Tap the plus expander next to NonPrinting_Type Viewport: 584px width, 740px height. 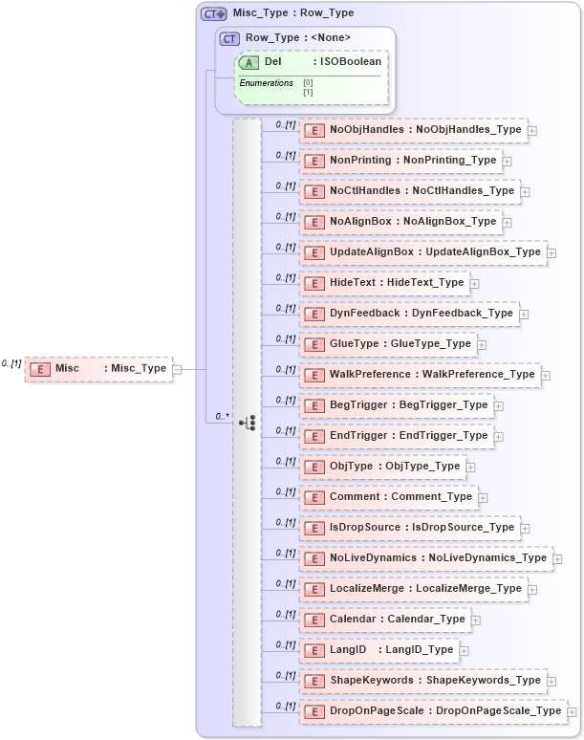click(x=508, y=162)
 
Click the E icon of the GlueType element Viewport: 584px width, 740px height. click(x=314, y=344)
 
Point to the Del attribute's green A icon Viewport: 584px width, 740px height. click(x=249, y=62)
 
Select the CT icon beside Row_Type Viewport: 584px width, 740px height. click(x=229, y=38)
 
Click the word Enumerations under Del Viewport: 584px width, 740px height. click(x=266, y=83)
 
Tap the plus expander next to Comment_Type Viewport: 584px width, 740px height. click(x=484, y=498)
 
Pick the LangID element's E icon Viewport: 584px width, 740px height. click(x=314, y=650)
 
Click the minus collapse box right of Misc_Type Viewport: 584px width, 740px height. click(x=179, y=368)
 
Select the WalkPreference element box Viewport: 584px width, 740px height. click(x=420, y=375)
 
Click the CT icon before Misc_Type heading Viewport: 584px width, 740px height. click(x=213, y=13)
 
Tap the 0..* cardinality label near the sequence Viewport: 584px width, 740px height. click(x=222, y=416)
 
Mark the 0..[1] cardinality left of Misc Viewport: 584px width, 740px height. click(x=11, y=363)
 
